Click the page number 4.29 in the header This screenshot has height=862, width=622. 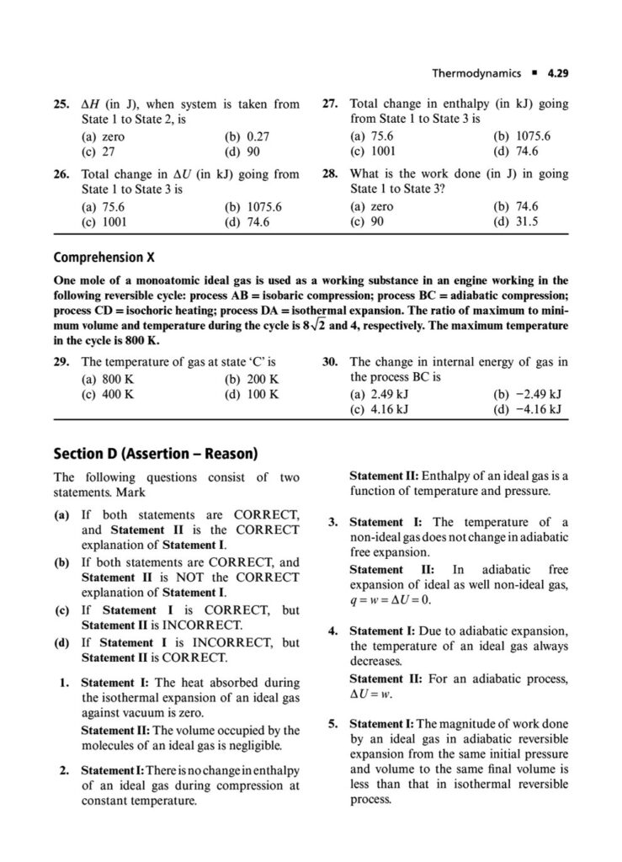557,73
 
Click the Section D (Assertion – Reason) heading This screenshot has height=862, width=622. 155,452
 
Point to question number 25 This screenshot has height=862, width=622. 61,105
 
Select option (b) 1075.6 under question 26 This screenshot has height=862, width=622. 253,206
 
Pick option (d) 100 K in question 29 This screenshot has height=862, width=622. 252,394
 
